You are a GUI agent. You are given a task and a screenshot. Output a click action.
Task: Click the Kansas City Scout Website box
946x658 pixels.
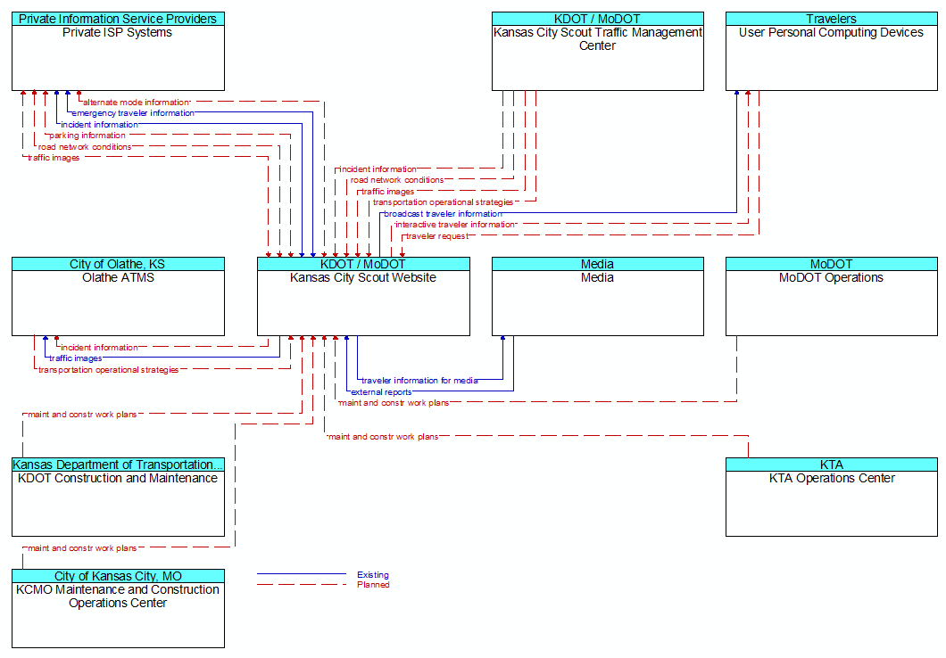[x=363, y=297]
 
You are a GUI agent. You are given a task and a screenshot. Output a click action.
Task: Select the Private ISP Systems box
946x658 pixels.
[x=118, y=51]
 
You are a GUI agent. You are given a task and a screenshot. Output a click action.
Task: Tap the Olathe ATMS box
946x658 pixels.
[x=118, y=297]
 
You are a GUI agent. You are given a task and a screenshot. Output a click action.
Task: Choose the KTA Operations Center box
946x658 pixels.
[x=832, y=498]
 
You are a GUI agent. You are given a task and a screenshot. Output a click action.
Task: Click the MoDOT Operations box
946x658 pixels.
[x=832, y=297]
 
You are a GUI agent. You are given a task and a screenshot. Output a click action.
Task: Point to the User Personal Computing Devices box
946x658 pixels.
[x=832, y=51]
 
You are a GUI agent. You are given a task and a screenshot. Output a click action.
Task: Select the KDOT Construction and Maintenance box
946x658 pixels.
[x=118, y=498]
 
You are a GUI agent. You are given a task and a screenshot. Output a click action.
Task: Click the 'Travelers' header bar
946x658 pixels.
[x=832, y=19]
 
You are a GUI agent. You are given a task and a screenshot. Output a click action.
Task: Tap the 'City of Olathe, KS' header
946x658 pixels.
[x=118, y=264]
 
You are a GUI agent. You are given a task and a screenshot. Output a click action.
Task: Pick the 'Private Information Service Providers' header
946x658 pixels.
[x=118, y=19]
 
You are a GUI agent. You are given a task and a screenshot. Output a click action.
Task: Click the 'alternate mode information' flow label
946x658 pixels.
[x=137, y=103]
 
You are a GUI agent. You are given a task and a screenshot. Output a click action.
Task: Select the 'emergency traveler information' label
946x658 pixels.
[x=133, y=113]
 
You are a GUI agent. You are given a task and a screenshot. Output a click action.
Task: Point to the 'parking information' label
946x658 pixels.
[x=87, y=136]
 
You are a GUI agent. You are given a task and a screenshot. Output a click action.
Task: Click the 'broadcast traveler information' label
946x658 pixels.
[x=443, y=214]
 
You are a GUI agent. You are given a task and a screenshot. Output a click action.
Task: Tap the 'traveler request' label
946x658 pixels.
[x=436, y=236]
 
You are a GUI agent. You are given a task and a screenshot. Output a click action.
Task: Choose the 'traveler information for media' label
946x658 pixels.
[x=420, y=381]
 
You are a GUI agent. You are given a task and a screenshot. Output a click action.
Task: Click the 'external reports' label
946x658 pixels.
[x=381, y=392]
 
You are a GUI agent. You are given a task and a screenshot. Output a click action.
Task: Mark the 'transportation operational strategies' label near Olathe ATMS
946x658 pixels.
[x=109, y=370]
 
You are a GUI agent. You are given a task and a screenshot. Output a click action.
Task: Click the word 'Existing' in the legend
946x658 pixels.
[x=373, y=575]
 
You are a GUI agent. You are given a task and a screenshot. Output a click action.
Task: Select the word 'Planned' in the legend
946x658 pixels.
[x=373, y=585]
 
